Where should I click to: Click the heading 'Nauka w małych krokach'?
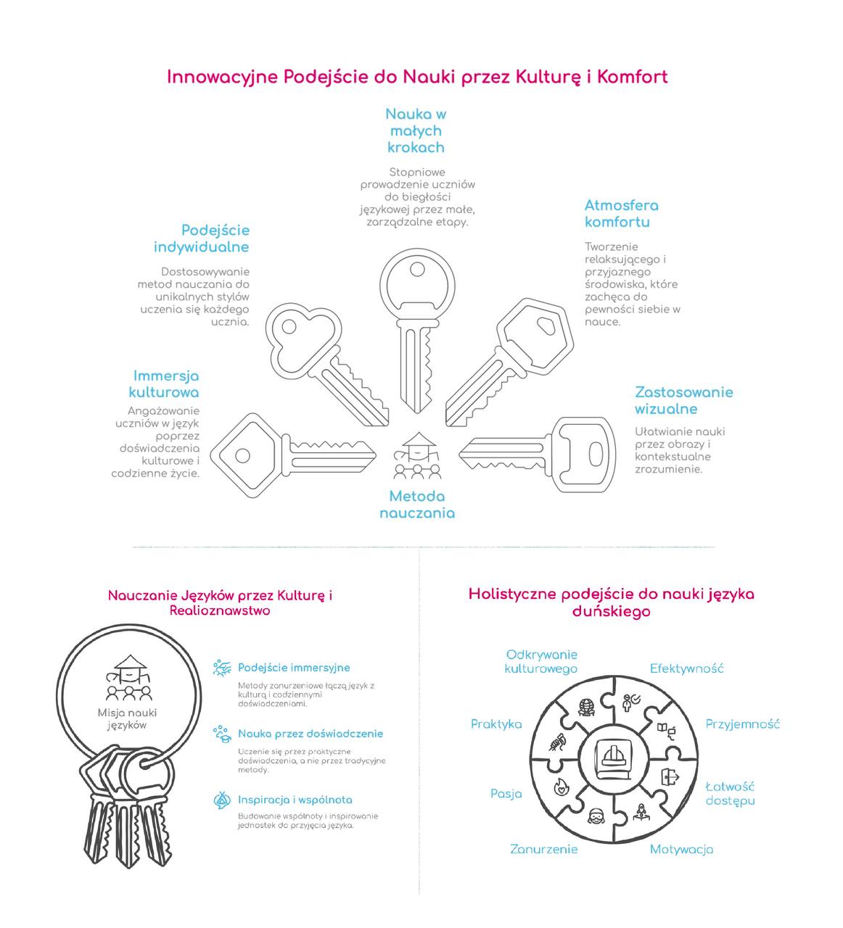[x=415, y=131]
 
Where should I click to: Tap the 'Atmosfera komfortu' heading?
[x=621, y=214]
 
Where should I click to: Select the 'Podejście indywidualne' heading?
[x=201, y=239]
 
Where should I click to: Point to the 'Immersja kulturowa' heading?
[x=165, y=384]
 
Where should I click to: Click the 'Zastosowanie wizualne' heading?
[x=683, y=400]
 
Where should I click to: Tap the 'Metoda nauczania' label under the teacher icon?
[x=417, y=505]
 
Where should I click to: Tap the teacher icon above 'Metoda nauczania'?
[x=417, y=457]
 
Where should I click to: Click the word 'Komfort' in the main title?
[x=632, y=77]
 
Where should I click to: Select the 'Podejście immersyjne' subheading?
[x=294, y=668]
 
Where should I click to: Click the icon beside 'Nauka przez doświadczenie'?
[x=221, y=734]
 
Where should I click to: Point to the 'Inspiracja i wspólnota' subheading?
[x=295, y=800]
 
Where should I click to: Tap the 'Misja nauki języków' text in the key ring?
[x=127, y=718]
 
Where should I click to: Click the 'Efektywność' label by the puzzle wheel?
[x=686, y=668]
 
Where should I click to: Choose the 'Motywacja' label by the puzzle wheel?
[x=681, y=850]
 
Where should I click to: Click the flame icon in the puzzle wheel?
[x=562, y=786]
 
